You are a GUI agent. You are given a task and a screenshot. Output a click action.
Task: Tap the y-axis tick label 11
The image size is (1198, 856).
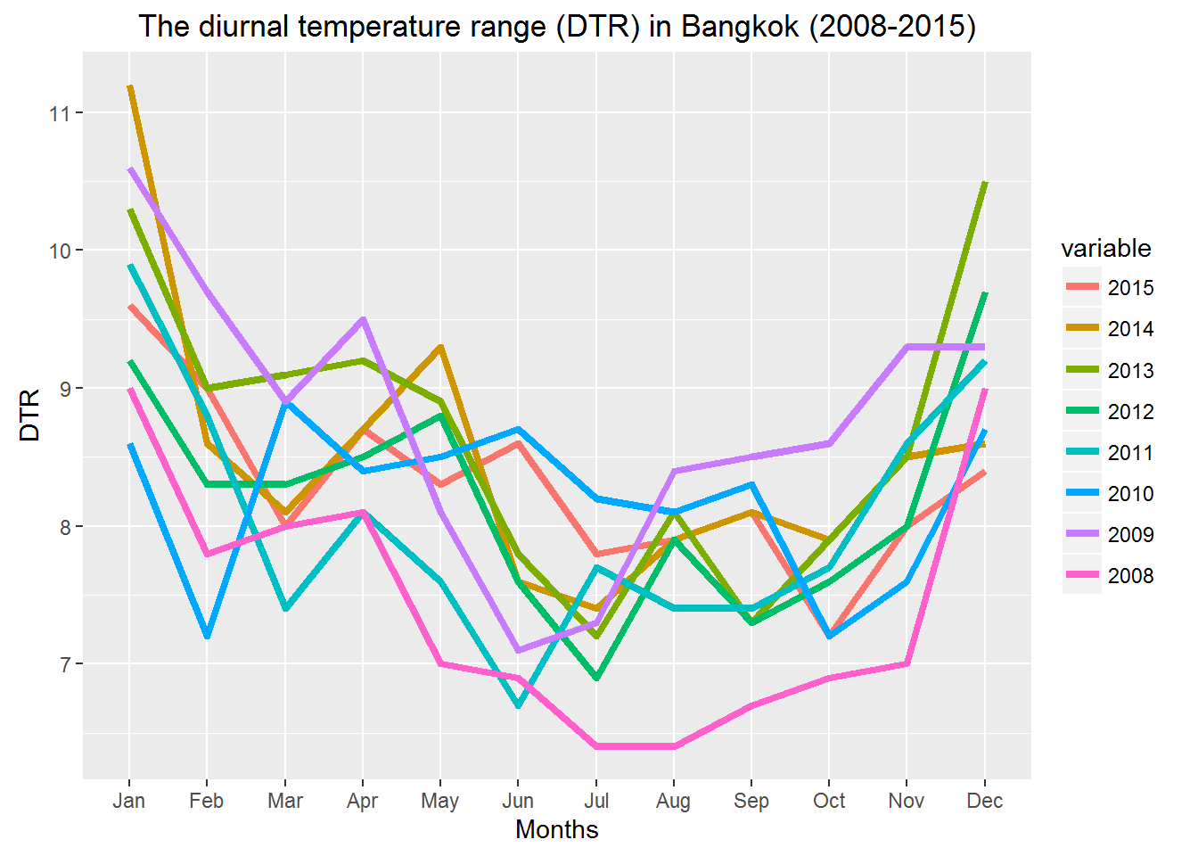(x=60, y=113)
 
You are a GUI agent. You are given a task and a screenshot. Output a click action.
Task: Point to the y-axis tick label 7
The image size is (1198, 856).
(x=65, y=664)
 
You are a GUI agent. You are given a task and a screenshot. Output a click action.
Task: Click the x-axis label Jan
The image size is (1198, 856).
(x=129, y=801)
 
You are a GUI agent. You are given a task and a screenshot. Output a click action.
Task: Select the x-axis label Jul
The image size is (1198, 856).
(x=595, y=801)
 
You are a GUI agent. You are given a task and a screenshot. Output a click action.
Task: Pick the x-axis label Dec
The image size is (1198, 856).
(x=984, y=801)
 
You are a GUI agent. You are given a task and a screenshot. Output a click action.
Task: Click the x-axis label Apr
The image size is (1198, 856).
(x=362, y=801)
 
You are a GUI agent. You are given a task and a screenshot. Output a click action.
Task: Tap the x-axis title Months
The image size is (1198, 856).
(x=556, y=830)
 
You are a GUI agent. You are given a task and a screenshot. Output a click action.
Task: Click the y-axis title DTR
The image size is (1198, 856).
(x=30, y=415)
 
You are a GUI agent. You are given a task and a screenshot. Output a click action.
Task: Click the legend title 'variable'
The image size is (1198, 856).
(x=1105, y=249)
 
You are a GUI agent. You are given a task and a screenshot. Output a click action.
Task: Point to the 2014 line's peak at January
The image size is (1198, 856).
(x=130, y=86)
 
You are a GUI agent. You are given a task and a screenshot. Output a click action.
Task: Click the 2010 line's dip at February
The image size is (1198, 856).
(x=207, y=636)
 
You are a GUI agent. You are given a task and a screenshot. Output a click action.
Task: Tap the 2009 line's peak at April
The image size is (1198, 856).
(x=363, y=319)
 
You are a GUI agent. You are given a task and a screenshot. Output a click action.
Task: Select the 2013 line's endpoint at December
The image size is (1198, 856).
(x=984, y=183)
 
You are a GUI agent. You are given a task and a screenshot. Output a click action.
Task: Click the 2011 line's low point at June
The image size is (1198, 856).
(x=518, y=705)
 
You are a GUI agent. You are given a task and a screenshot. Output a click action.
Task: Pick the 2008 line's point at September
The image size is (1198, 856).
(x=751, y=706)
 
